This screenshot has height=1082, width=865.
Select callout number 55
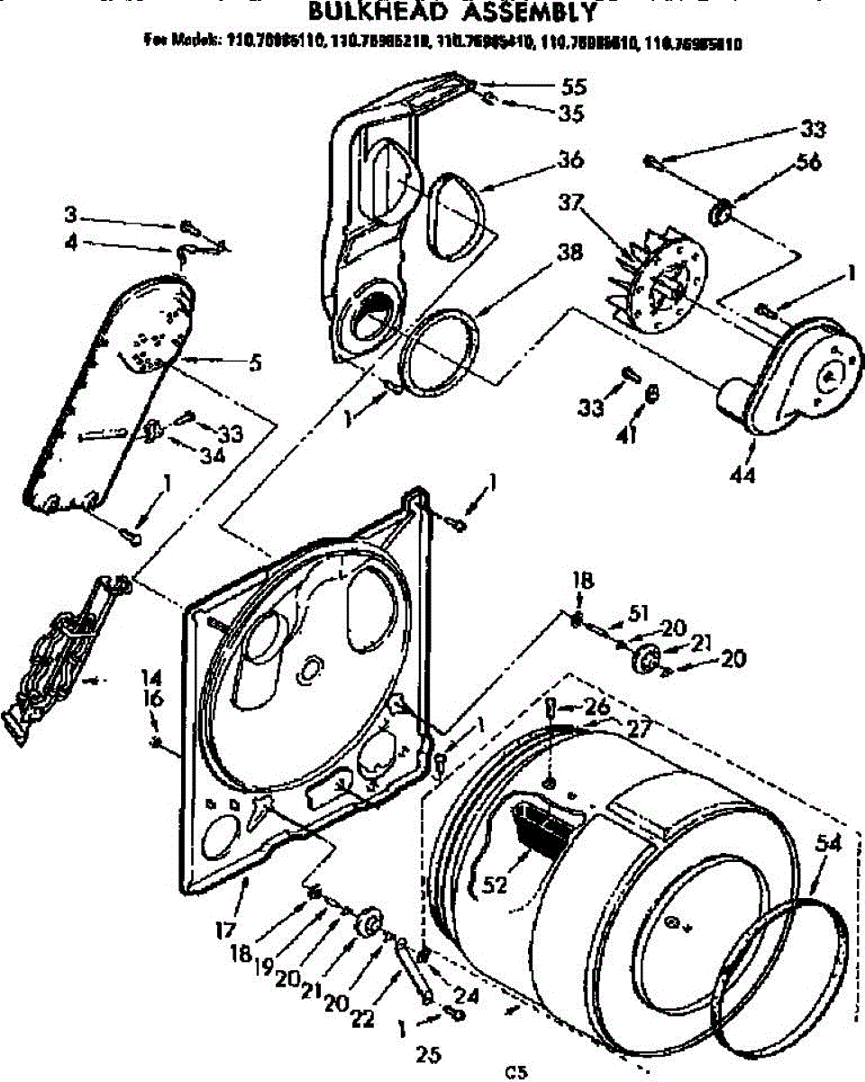573,87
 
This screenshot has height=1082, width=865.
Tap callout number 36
570,160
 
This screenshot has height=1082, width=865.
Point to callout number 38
569,253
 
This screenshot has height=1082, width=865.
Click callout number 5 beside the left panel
255,365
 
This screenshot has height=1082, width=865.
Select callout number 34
213,456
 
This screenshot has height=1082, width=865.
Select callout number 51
638,612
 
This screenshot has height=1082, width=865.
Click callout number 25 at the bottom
428,1053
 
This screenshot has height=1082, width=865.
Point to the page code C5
515,1071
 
